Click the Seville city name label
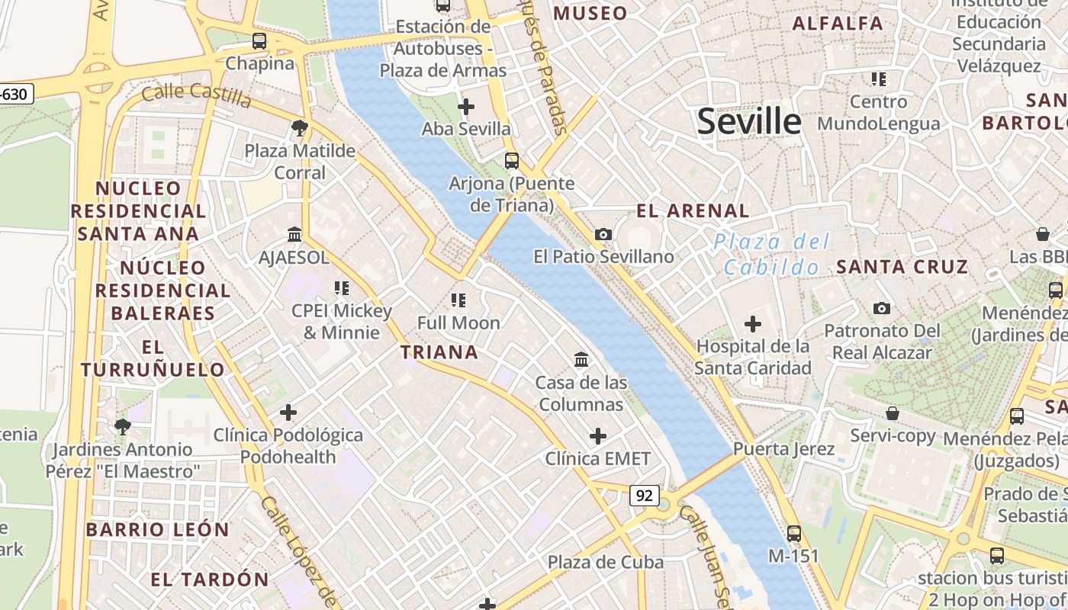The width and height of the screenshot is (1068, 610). tap(749, 121)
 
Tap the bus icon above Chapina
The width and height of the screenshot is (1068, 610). tap(259, 41)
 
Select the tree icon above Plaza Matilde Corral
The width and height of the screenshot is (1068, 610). tap(300, 128)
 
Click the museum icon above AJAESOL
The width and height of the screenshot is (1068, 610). tap(294, 234)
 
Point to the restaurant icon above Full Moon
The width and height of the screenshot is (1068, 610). tap(458, 300)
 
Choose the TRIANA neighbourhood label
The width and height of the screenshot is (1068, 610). tap(439, 352)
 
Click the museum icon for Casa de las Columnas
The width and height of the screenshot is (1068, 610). tap(581, 359)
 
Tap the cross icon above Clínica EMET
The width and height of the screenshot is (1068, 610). tap(598, 436)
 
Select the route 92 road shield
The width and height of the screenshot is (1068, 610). tap(645, 496)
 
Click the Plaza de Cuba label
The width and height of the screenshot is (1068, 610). tap(606, 563)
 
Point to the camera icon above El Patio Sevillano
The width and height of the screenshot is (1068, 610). tap(603, 234)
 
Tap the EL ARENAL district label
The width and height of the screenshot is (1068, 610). tap(693, 211)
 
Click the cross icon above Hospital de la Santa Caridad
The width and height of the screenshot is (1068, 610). tap(753, 324)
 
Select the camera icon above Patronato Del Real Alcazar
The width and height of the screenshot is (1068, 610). tap(882, 308)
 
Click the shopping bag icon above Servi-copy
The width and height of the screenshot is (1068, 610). tap(893, 413)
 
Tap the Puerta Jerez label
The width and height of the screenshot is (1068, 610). tap(784, 448)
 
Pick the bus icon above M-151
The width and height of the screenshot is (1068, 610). tap(794, 534)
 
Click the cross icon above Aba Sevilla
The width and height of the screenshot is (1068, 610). tap(466, 106)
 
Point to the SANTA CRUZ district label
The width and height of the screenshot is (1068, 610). tap(902, 267)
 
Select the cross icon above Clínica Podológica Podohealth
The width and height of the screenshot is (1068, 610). tap(288, 413)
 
